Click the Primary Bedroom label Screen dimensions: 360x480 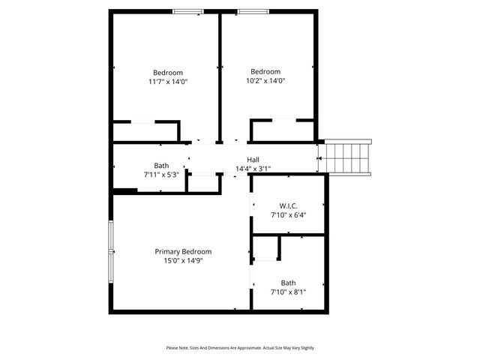pyautogui.click(x=183, y=252)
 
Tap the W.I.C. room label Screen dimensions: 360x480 pyautogui.click(x=288, y=205)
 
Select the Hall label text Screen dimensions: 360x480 pyautogui.click(x=253, y=160)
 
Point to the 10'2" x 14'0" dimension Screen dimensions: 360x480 pyautogui.click(x=265, y=80)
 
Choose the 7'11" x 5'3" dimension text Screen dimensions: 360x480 pyautogui.click(x=161, y=174)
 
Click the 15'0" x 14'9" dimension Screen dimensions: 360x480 pyautogui.click(x=183, y=261)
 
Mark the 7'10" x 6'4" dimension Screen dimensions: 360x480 pyautogui.click(x=288, y=214)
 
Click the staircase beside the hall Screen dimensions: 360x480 pyautogui.click(x=346, y=157)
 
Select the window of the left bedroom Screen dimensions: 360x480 pyautogui.click(x=187, y=11)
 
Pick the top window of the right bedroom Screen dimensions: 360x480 pyautogui.click(x=253, y=11)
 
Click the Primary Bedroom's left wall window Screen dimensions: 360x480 pyautogui.click(x=111, y=250)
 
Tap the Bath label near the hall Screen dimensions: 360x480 pyautogui.click(x=161, y=166)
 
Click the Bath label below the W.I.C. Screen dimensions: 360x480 pyautogui.click(x=288, y=283)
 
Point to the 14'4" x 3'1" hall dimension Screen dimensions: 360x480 pyautogui.click(x=253, y=169)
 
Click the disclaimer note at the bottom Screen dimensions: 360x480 pyautogui.click(x=240, y=348)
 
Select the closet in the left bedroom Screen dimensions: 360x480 pyautogui.click(x=145, y=131)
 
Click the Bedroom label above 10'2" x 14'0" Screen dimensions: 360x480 pyautogui.click(x=265, y=72)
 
